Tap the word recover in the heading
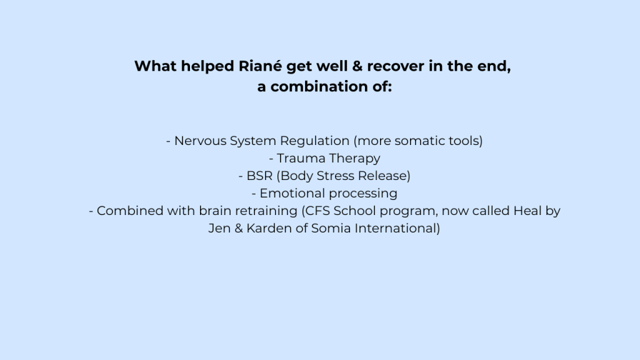[396, 66]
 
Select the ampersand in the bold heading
[357, 66]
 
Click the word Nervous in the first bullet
[200, 141]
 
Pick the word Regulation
[314, 141]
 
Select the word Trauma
[301, 158]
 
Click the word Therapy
[354, 159]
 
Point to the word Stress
[336, 176]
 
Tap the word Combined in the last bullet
[130, 211]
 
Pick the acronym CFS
[317, 211]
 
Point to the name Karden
[269, 229]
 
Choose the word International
[395, 229]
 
